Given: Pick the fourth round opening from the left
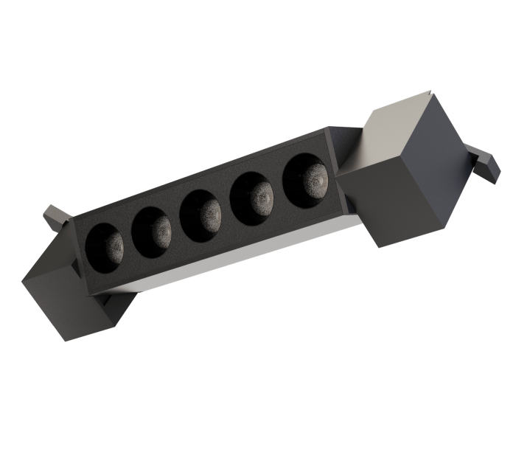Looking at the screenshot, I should pos(254,195).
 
